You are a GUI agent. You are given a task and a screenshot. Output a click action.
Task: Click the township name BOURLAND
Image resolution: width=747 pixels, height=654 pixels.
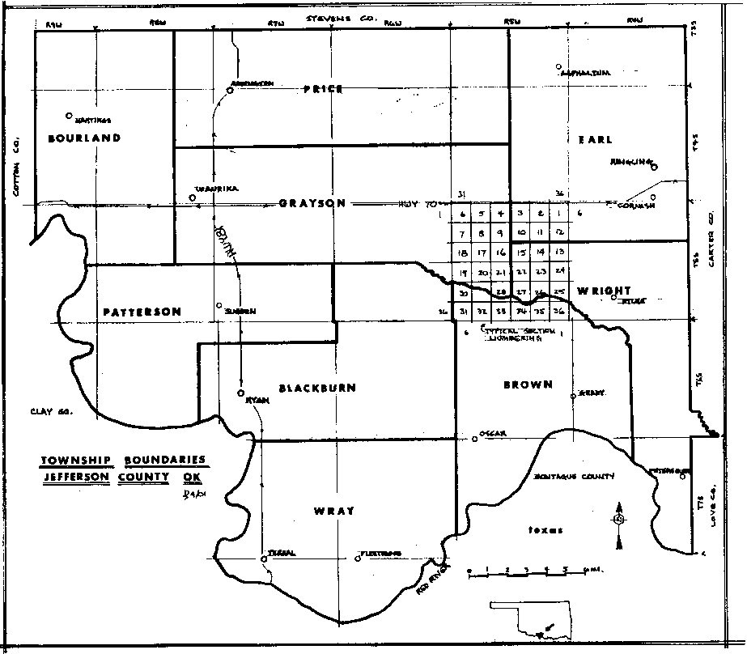[84, 138]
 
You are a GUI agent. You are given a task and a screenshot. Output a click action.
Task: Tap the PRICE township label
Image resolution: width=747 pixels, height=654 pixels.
[324, 89]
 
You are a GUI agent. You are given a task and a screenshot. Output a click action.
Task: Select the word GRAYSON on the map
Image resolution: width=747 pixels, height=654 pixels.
[312, 203]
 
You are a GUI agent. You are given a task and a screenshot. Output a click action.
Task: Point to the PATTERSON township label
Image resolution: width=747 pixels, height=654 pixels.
[142, 312]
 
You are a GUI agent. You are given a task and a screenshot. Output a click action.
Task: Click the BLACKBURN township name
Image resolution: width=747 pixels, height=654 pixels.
[317, 389]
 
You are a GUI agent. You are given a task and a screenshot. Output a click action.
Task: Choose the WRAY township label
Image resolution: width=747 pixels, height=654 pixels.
[333, 511]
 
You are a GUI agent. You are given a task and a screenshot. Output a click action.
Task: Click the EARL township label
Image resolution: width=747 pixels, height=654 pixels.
[590, 139]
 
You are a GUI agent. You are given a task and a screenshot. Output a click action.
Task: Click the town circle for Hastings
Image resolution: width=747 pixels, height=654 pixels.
[70, 116]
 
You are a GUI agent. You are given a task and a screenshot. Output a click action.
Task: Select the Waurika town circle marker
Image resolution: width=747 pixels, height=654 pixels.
[193, 197]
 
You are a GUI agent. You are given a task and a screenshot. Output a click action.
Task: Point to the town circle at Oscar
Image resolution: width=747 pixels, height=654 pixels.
[475, 440]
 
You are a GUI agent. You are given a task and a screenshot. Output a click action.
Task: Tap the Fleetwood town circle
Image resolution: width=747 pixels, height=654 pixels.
[358, 557]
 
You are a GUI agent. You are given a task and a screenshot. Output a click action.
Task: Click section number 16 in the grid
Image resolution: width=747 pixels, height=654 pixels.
[501, 253]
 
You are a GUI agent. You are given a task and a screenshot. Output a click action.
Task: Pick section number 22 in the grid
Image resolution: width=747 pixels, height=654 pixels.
[522, 272]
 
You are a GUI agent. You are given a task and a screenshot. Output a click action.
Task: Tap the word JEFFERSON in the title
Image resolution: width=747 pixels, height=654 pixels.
[77, 477]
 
